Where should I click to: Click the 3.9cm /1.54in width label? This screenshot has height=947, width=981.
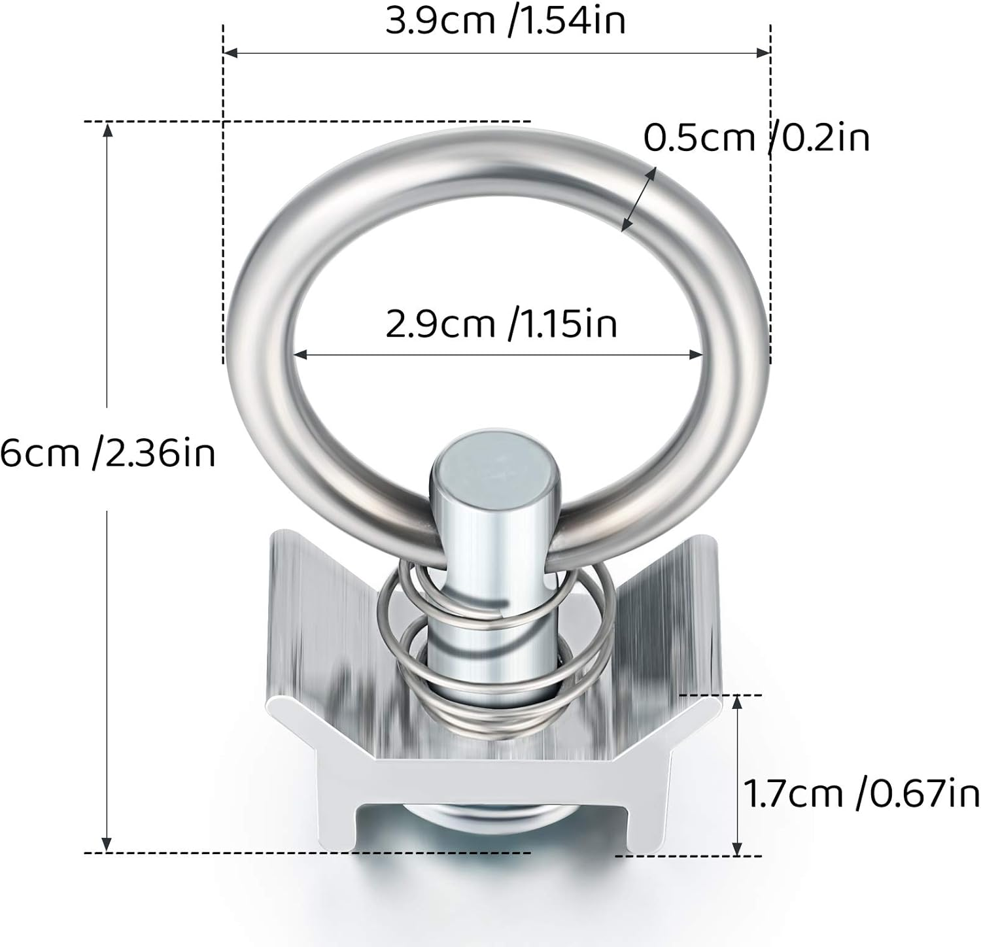tap(505, 20)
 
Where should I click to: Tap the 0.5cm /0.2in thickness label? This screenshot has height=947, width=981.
tap(757, 137)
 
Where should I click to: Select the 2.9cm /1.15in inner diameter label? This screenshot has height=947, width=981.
tap(501, 324)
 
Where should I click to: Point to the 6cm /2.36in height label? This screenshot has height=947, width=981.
tap(107, 453)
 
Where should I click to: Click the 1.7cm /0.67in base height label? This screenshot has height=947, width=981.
tap(861, 794)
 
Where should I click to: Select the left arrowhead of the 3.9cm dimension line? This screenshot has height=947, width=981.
tap(230, 52)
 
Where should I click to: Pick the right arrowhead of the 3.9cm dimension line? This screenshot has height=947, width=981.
tap(763, 52)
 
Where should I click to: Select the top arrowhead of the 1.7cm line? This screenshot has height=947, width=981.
tap(738, 702)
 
